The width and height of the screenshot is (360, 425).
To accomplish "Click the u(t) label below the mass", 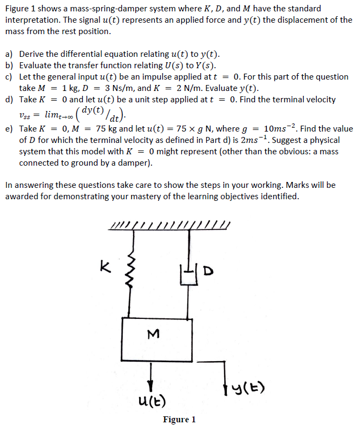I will click(153, 401).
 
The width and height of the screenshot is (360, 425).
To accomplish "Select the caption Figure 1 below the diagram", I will click(179, 419).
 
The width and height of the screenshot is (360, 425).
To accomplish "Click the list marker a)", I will click(10, 54).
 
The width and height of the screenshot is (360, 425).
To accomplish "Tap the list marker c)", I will click(10, 77).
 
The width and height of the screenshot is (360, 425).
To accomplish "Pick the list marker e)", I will click(10, 129).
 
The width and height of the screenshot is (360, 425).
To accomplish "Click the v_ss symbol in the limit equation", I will click(25, 115).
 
